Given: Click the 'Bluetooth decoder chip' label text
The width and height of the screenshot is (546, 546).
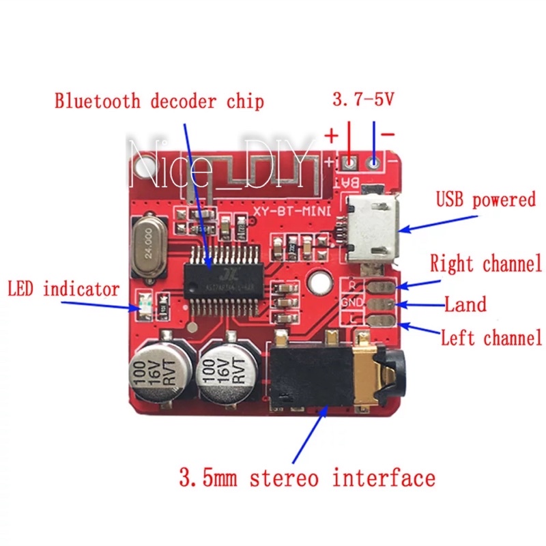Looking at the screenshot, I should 159,102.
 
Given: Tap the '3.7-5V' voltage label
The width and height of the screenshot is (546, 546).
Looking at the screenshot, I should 363,100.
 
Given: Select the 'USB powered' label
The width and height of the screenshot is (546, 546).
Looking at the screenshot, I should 485,200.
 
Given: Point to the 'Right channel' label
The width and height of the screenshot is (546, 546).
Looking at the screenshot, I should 485,263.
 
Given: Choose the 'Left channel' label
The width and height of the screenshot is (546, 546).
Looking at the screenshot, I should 491,337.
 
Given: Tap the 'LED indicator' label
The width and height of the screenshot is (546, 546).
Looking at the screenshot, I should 63,289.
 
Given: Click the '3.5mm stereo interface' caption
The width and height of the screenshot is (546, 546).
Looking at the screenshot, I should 306,477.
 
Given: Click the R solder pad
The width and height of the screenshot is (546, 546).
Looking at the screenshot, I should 379,286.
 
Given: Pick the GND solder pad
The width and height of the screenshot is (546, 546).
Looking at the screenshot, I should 379,303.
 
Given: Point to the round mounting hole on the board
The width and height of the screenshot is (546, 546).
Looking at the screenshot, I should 318,281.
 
